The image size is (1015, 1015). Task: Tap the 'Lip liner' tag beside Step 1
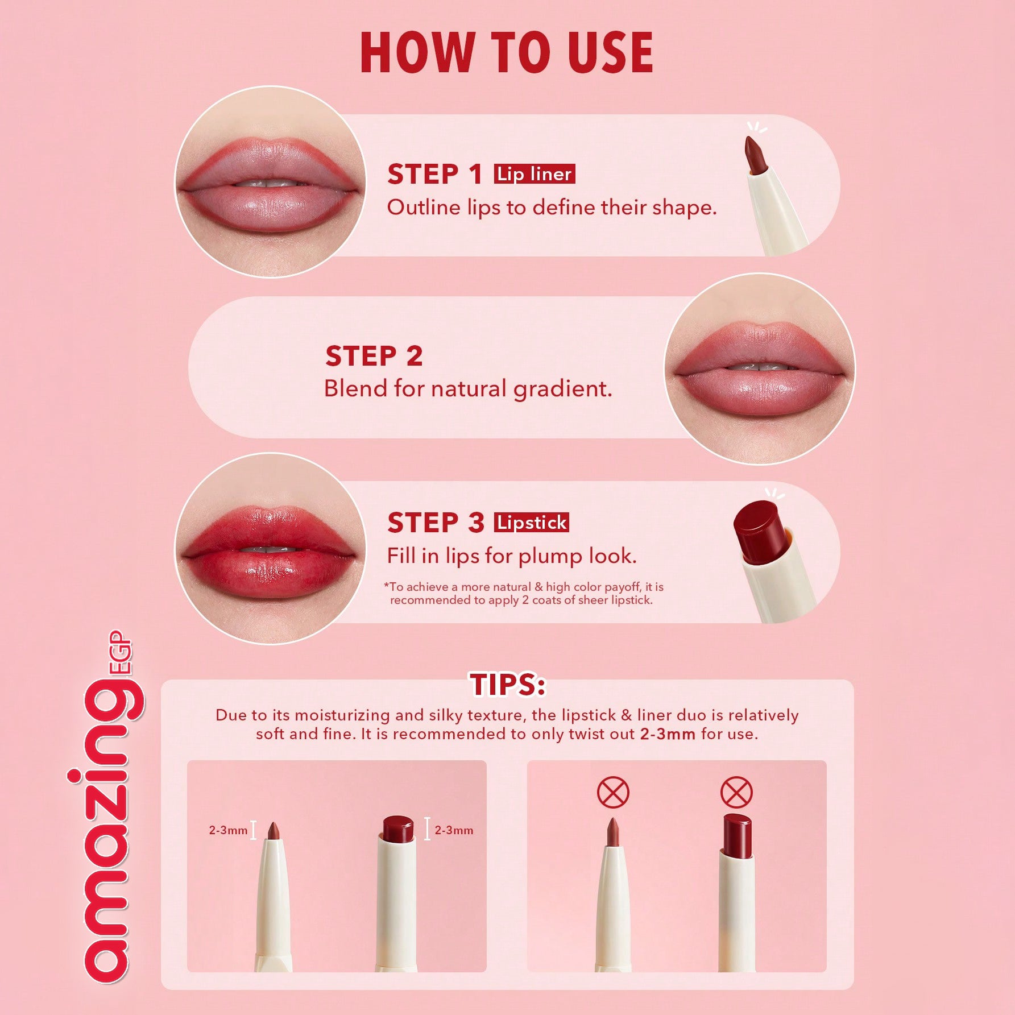(x=534, y=174)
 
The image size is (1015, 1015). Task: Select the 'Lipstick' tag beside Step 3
(x=531, y=523)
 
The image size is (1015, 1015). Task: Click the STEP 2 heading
(x=374, y=357)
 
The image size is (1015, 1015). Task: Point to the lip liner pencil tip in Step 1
(x=755, y=155)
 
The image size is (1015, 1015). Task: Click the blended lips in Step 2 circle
(x=759, y=370)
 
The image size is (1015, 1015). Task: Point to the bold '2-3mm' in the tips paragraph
(x=667, y=734)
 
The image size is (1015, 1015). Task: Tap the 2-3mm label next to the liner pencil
(x=228, y=830)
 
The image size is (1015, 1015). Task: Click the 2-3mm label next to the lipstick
(x=454, y=830)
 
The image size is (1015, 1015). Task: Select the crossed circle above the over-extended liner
(x=613, y=793)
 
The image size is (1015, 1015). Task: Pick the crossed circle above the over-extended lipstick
(x=736, y=793)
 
